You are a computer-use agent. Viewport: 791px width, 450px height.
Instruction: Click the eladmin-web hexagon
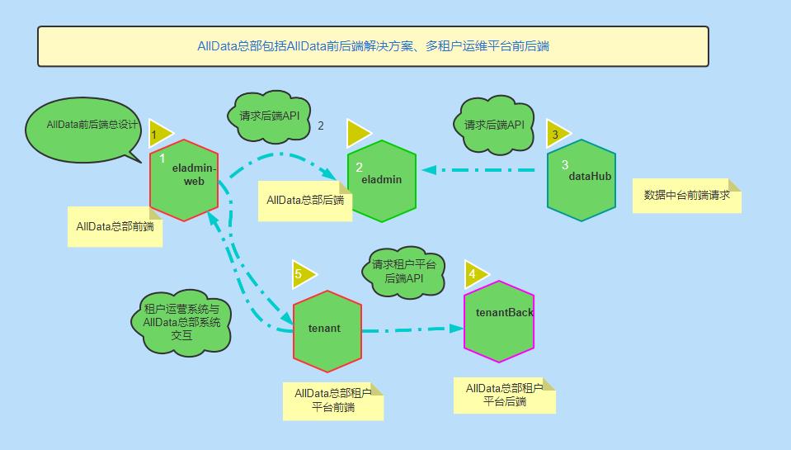[183, 180]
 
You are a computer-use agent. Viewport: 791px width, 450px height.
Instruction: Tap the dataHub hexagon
[581, 180]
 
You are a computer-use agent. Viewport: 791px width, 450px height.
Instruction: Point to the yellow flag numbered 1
[158, 133]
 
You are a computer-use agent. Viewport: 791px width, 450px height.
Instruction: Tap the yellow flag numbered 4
[474, 273]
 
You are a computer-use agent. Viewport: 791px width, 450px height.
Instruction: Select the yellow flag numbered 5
[303, 273]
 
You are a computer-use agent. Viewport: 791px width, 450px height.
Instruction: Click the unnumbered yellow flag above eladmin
[358, 133]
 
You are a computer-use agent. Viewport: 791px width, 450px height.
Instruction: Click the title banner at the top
[373, 46]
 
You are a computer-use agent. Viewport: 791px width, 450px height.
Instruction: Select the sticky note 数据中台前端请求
[686, 196]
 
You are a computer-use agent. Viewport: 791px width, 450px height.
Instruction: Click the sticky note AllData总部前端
[114, 226]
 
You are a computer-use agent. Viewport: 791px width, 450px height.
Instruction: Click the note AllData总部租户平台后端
[504, 396]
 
